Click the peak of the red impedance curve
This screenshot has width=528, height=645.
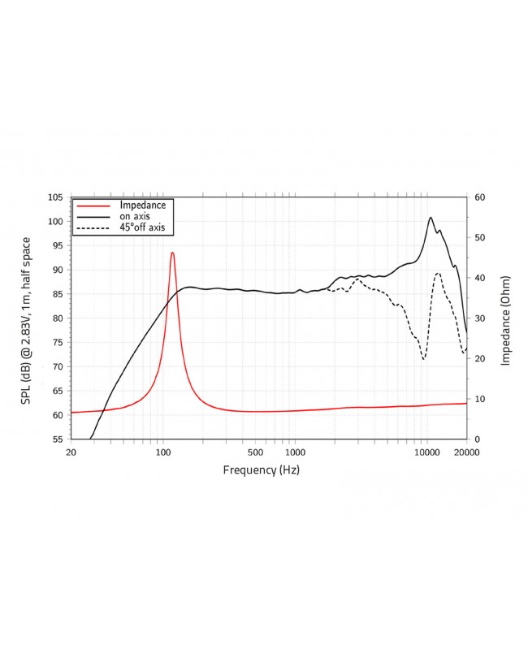tap(172, 253)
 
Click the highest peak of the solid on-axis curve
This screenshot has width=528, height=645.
tap(431, 217)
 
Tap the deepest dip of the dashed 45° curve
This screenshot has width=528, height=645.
tap(424, 358)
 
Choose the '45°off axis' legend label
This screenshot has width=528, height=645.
tap(142, 228)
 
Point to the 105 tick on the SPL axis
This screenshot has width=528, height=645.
tap(55, 197)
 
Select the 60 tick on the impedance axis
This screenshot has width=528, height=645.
tap(480, 197)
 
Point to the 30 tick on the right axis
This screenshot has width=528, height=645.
tap(480, 318)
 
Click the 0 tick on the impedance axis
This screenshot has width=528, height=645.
tap(478, 439)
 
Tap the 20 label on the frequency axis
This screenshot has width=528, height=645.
tap(71, 452)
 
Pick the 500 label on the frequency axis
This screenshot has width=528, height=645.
tap(255, 452)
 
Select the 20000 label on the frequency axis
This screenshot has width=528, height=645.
tap(466, 452)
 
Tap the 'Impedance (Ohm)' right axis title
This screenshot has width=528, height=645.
tap(505, 318)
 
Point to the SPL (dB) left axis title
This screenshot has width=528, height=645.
tap(28, 318)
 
